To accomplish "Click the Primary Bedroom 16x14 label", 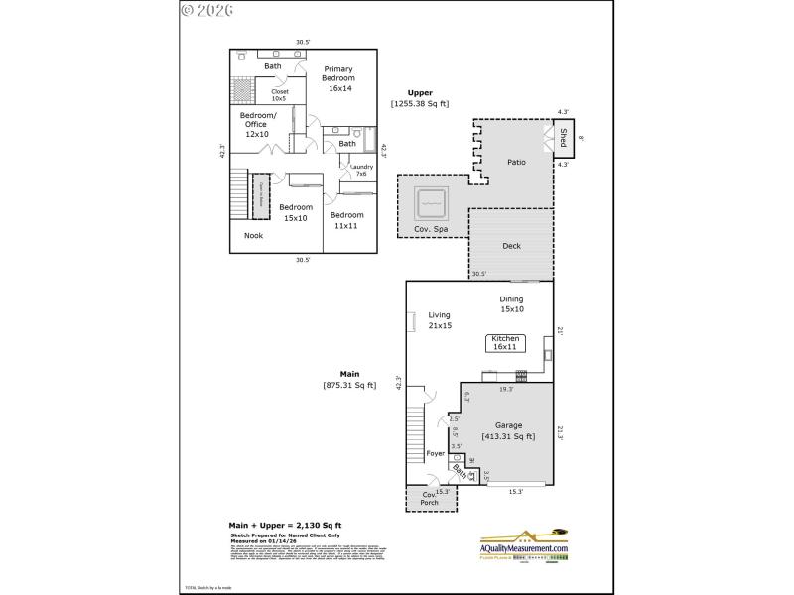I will coord(339,78).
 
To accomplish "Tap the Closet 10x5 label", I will coord(280,95).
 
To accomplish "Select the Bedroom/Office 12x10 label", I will coord(257,124).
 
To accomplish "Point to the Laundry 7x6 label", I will coord(361,170).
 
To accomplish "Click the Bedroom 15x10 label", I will coord(296,212).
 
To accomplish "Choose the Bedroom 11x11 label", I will coord(347,220).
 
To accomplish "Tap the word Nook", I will coord(254,235).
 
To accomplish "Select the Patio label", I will coord(516,162).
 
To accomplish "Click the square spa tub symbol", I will coord(431,204).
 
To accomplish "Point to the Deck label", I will coord(511,246).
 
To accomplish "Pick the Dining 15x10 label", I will coord(511,303).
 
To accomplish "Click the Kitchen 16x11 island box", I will coord(504,343).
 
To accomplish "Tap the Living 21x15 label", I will coord(440,320).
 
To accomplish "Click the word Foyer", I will coord(436,454).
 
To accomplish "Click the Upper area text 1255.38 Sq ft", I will coord(420,103).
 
